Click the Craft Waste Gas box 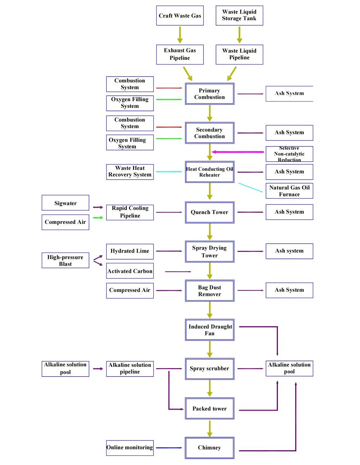180,15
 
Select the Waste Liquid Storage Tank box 239,15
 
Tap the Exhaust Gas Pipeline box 180,54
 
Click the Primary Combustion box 210,94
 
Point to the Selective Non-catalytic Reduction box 289,154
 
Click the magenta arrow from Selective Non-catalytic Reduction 238,152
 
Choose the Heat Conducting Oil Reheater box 210,172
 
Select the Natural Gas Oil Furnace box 289,191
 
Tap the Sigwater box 65,203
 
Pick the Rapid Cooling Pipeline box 130,212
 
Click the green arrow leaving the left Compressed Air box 98,217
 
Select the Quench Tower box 210,212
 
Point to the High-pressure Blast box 65,260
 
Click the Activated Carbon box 130,271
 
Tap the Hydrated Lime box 130,251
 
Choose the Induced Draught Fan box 210,330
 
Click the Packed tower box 210,408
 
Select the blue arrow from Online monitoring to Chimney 169,448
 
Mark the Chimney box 210,448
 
